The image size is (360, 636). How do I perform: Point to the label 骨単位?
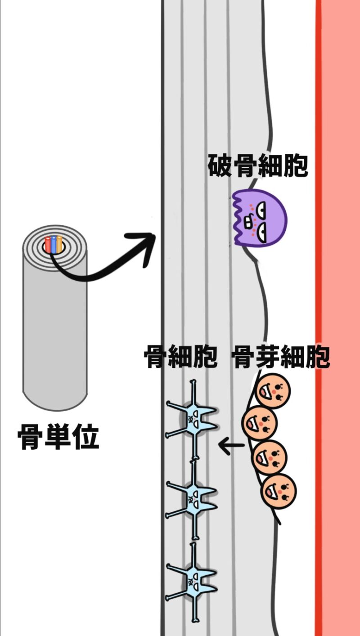click(x=58, y=438)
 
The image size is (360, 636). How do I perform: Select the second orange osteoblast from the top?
click(x=260, y=423)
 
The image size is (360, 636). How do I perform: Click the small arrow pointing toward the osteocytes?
click(x=231, y=446)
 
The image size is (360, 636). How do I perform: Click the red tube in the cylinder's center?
click(x=48, y=245)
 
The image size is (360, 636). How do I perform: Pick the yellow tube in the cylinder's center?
click(x=59, y=244)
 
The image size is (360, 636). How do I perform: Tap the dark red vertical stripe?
click(x=319, y=315)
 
